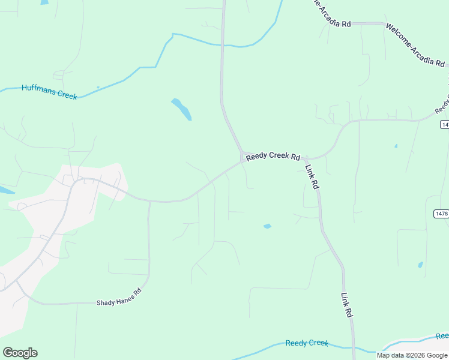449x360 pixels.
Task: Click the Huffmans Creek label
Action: click(x=49, y=91)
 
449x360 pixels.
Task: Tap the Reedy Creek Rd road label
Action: click(x=273, y=156)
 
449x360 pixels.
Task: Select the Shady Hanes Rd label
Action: click(x=119, y=298)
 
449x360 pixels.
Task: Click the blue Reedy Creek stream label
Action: click(x=307, y=343)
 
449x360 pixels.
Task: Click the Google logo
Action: click(x=20, y=353)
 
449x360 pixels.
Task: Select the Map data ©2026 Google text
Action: click(x=412, y=355)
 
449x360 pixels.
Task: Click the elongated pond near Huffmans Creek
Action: click(x=181, y=109)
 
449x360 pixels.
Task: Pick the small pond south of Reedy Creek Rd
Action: click(x=267, y=226)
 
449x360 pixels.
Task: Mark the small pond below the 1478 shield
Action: click(x=420, y=265)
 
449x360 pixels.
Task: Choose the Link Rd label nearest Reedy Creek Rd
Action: click(x=312, y=177)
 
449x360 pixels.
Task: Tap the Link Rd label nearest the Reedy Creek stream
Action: click(x=346, y=305)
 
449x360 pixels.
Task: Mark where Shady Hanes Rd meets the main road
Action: click(x=149, y=202)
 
